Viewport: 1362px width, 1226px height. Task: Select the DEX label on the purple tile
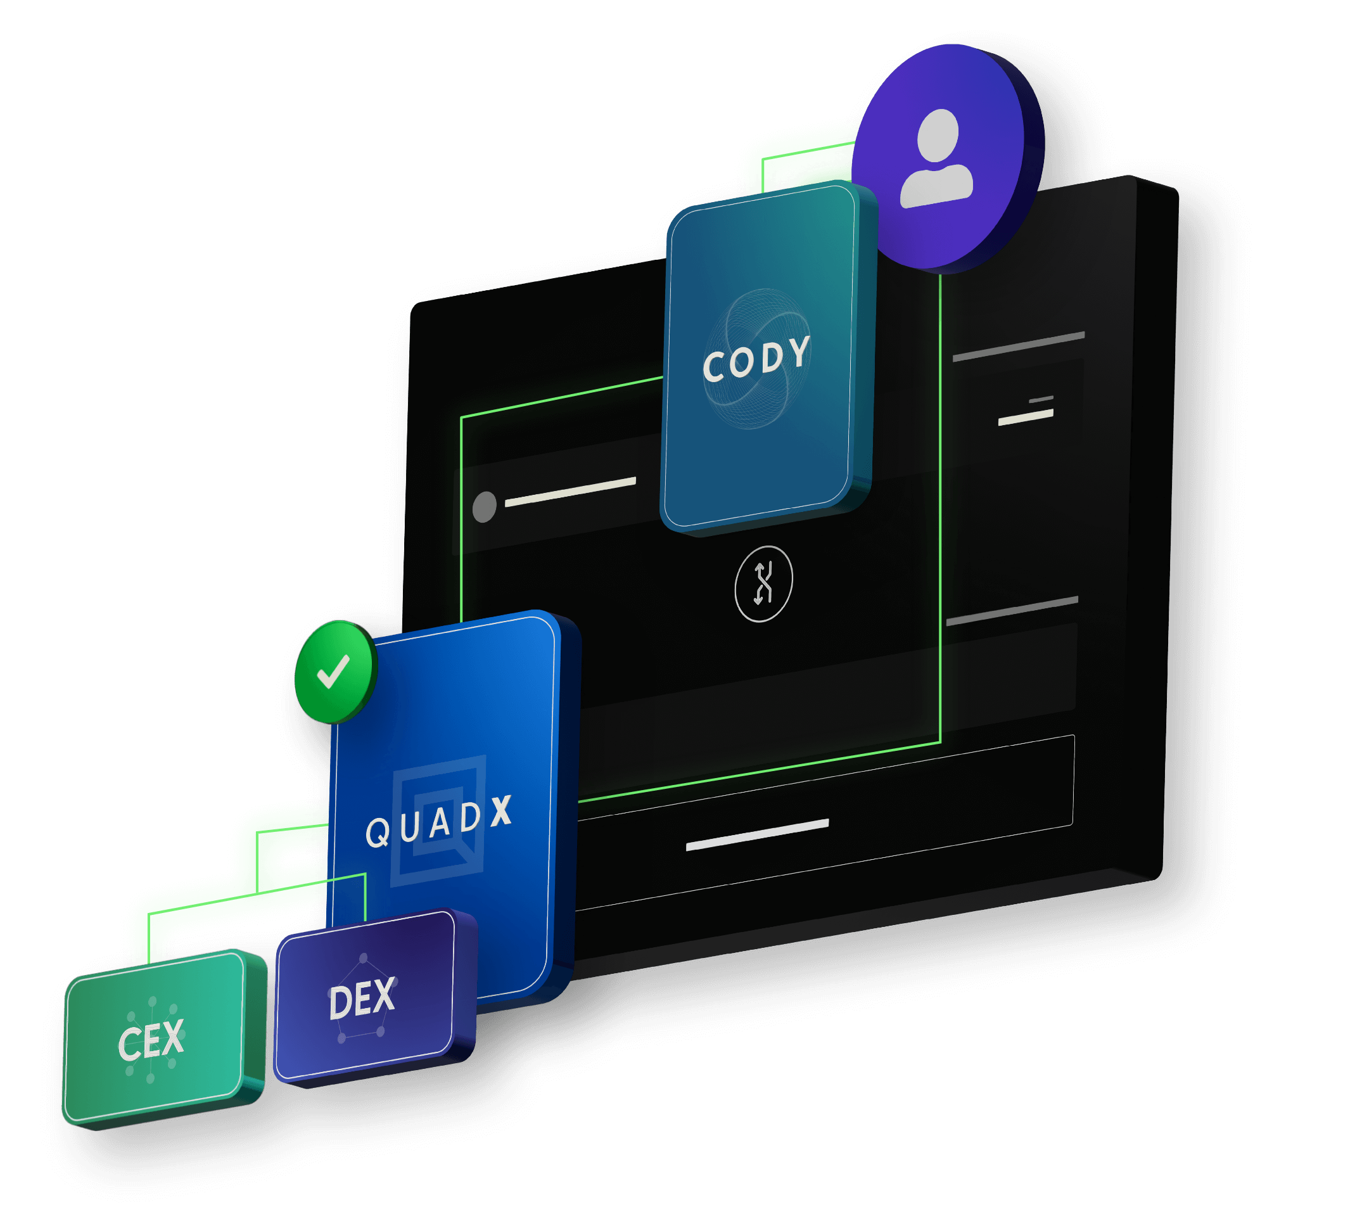tap(362, 999)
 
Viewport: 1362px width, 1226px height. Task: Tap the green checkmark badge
tap(334, 672)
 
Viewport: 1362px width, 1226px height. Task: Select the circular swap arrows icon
tap(763, 584)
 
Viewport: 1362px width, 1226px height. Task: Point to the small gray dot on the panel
tap(485, 507)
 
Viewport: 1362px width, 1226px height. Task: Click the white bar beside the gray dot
tap(570, 492)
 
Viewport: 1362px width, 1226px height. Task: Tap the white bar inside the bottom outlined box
tap(757, 835)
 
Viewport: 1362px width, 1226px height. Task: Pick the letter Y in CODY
tap(799, 352)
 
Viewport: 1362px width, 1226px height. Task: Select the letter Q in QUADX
tap(378, 833)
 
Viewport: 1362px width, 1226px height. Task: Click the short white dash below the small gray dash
tap(1025, 418)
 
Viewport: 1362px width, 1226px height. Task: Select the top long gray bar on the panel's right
tap(1019, 346)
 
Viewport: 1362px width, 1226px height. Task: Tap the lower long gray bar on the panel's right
tap(1012, 610)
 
